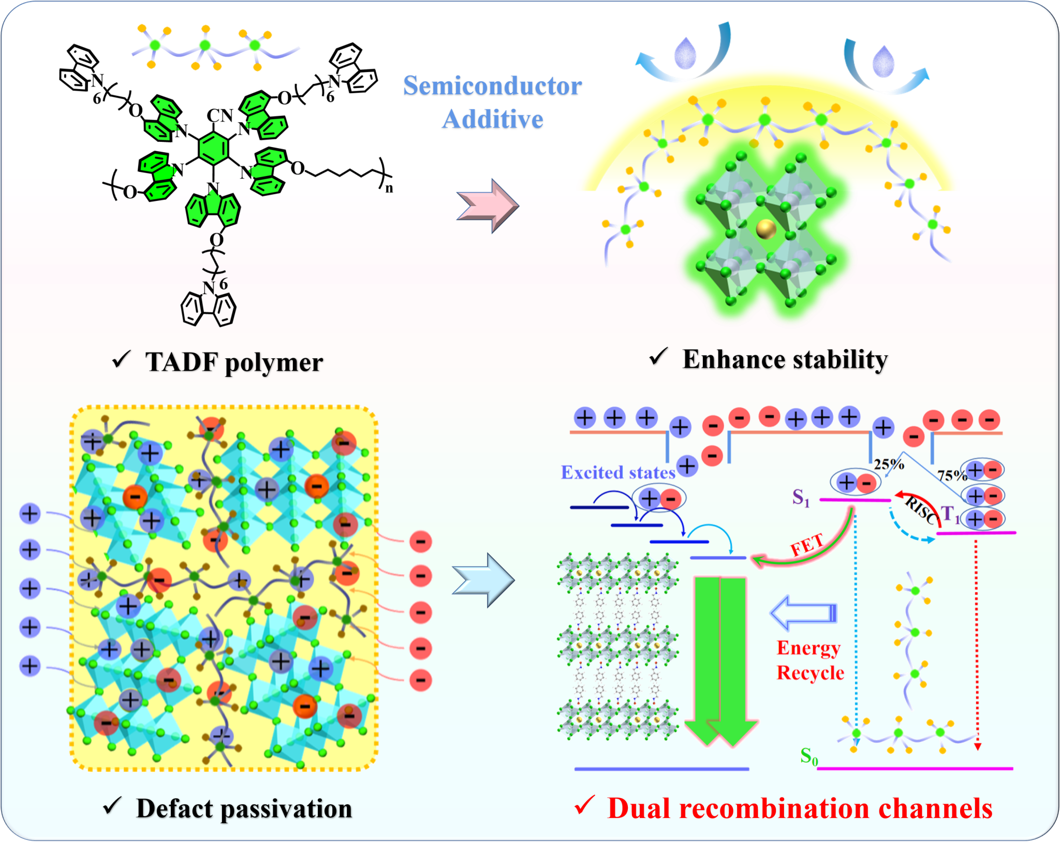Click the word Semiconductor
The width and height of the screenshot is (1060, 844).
pos(492,86)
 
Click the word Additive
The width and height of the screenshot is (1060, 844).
pos(492,120)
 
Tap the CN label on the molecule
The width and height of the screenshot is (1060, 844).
pos(220,115)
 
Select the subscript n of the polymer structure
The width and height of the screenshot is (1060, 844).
pos(389,188)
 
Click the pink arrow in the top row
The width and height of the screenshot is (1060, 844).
pos(487,206)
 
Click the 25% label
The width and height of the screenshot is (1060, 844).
pos(889,464)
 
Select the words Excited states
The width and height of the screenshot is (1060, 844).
pos(618,472)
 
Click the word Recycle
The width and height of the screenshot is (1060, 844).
pos(810,673)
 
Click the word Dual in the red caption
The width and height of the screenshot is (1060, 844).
pos(639,808)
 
